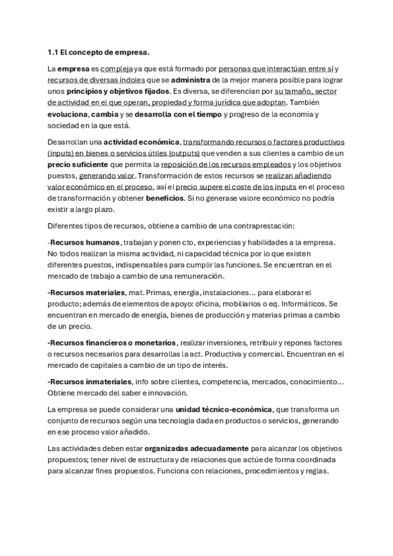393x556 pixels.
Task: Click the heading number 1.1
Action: (x=54, y=52)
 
